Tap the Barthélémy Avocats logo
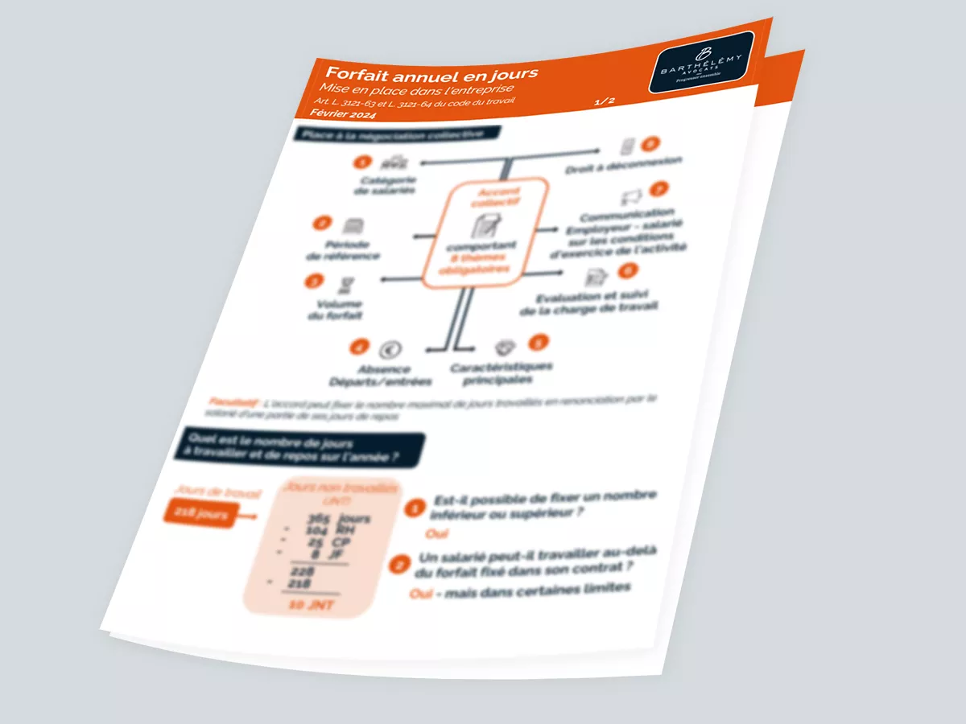[x=701, y=64]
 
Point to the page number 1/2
[x=604, y=101]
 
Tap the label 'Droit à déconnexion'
[x=623, y=164]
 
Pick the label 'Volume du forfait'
[x=336, y=310]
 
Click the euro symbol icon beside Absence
[x=390, y=349]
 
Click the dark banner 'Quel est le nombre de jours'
[x=303, y=448]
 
